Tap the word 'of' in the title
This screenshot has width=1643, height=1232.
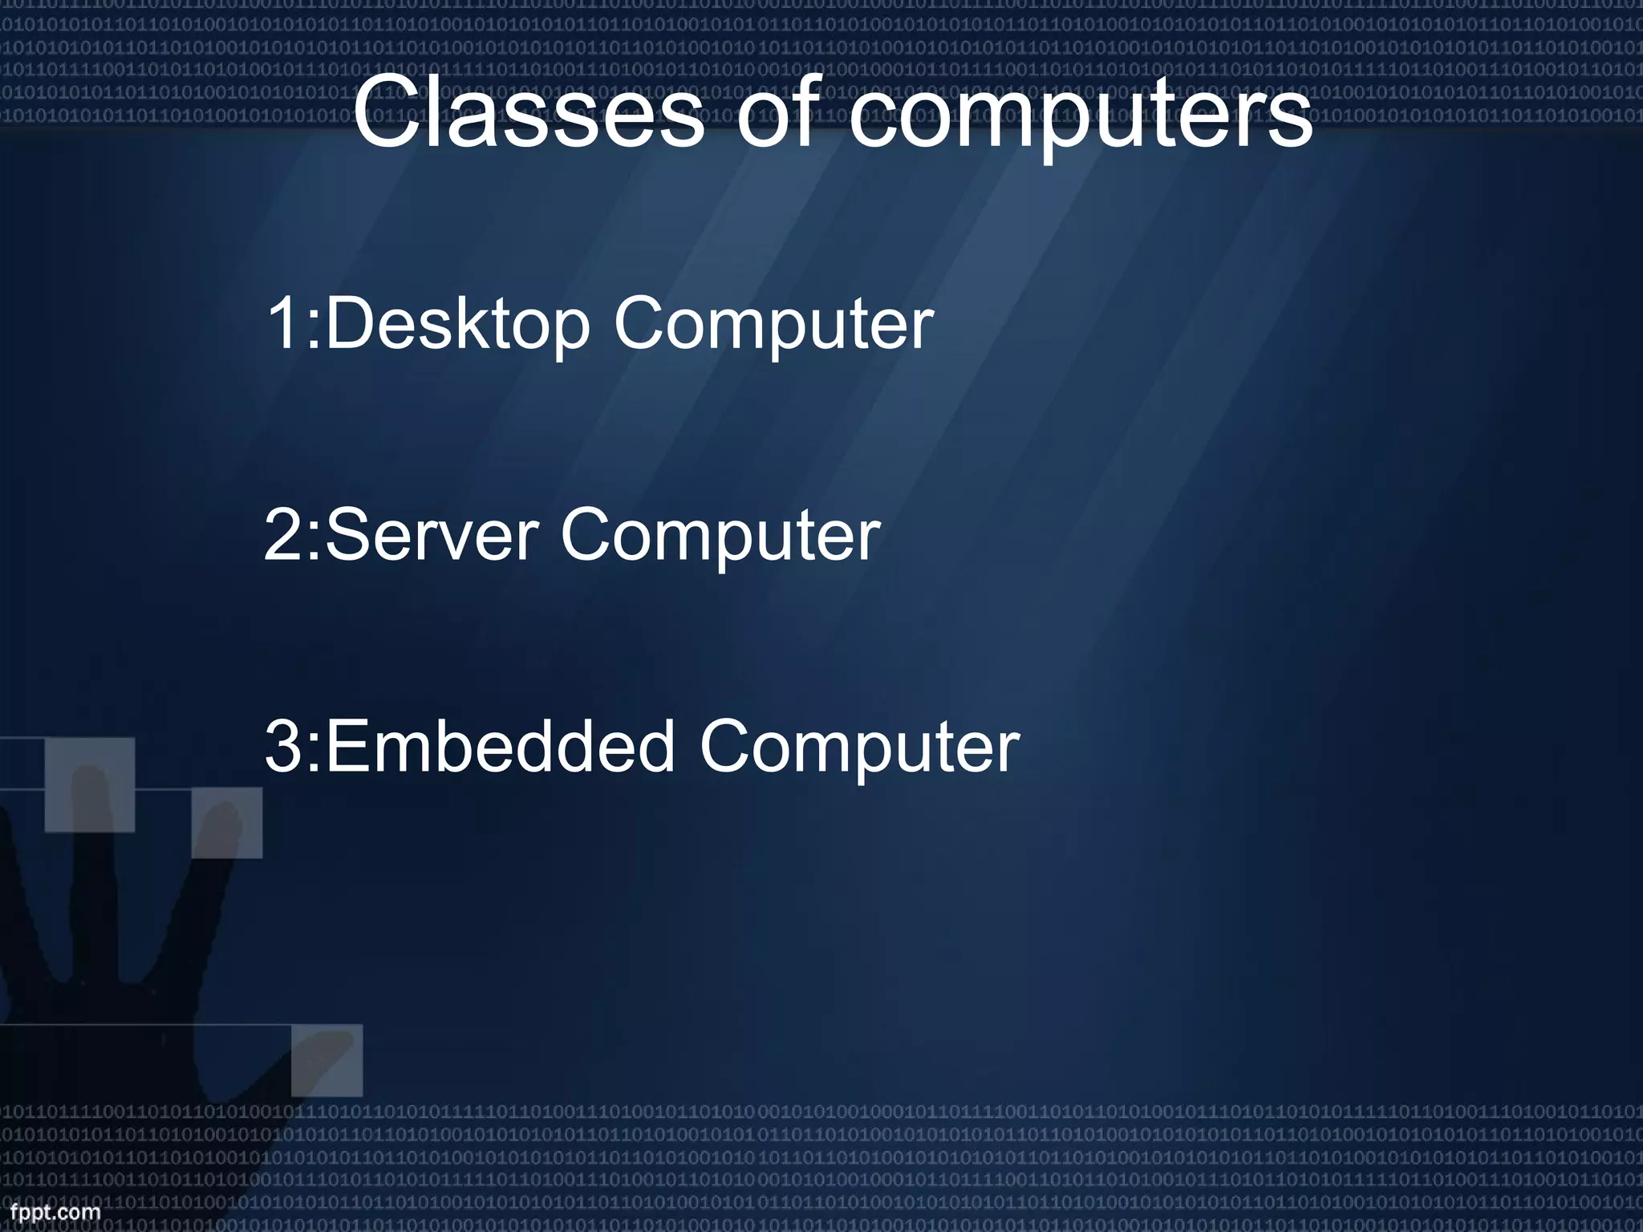(x=779, y=114)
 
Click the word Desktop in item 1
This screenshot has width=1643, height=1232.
(x=457, y=324)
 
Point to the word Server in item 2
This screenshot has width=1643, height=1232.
(x=432, y=535)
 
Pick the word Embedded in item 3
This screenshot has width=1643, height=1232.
(x=500, y=747)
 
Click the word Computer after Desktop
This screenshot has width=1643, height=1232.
(x=774, y=326)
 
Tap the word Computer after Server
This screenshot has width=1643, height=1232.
(x=720, y=537)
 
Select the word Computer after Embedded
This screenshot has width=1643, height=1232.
(x=859, y=748)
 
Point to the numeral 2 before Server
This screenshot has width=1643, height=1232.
(x=282, y=535)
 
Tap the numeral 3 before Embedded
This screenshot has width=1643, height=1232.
(x=282, y=747)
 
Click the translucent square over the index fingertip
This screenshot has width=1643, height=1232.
(x=226, y=822)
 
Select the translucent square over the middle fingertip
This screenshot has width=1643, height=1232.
(x=89, y=784)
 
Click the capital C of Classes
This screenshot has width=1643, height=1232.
(x=386, y=114)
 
